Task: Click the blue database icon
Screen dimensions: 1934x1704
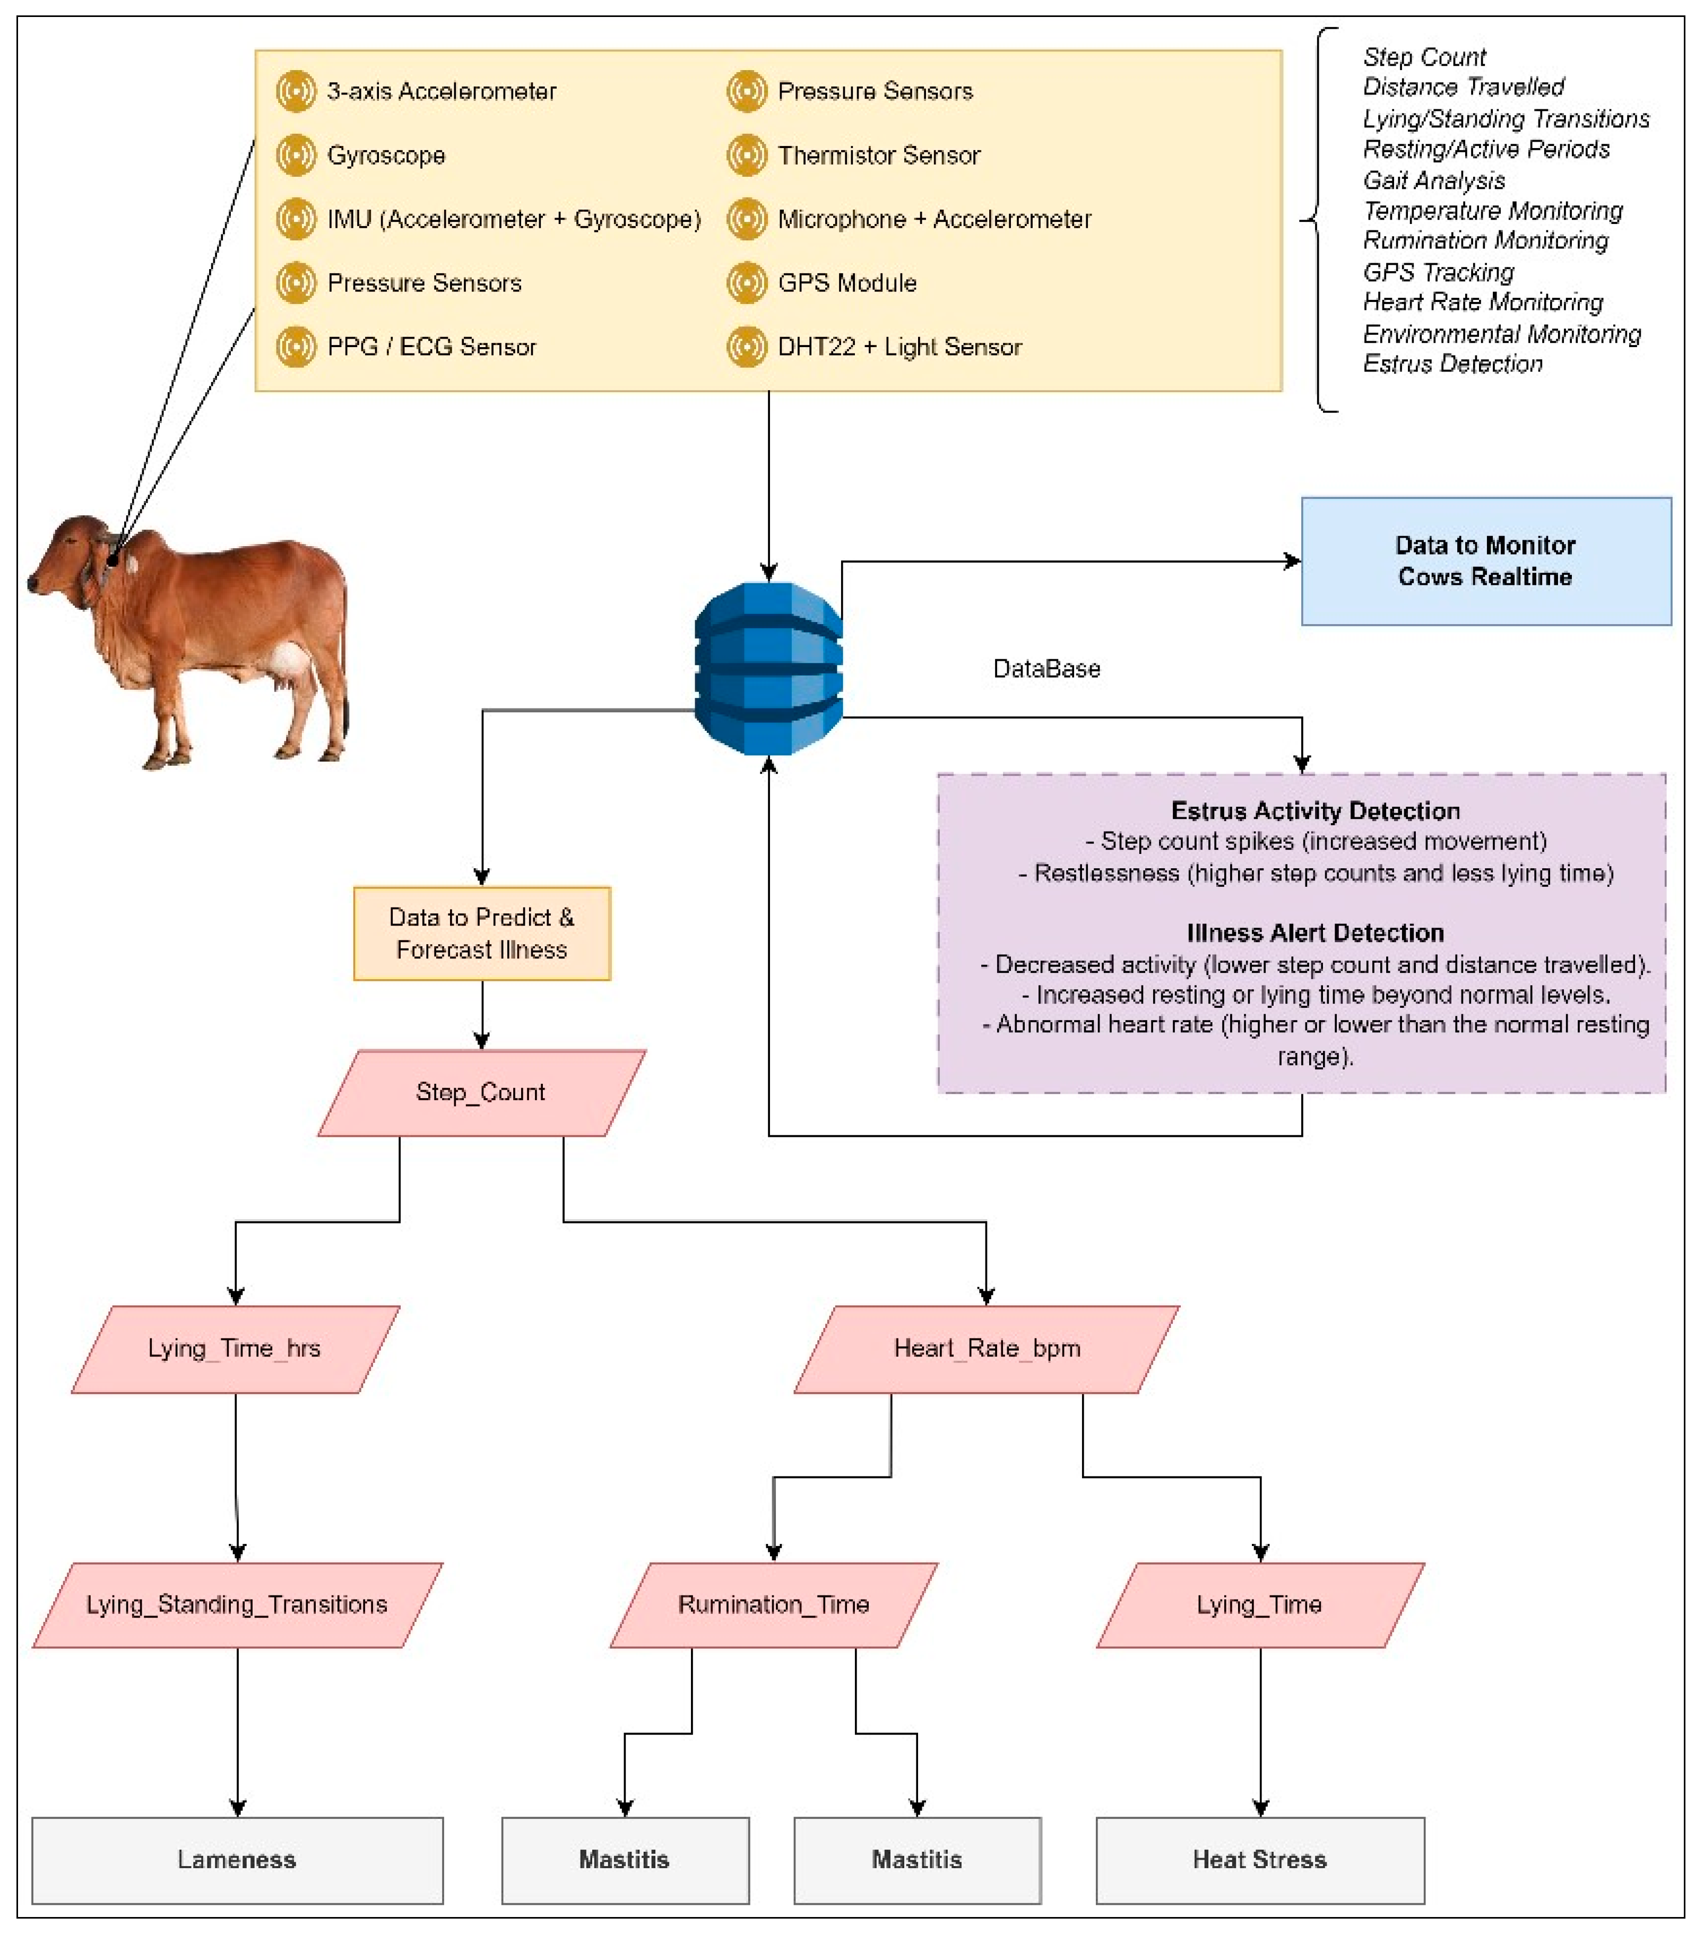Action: click(x=768, y=668)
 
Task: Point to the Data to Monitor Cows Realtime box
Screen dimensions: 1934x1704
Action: click(x=1485, y=561)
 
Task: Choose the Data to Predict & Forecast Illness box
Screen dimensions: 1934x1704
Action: click(x=481, y=933)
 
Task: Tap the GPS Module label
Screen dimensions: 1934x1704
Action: click(x=847, y=283)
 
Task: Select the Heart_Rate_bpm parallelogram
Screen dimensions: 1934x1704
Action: click(x=987, y=1348)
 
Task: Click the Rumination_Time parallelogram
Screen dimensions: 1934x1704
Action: click(x=773, y=1605)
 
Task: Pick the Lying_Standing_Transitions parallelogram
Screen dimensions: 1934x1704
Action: click(x=237, y=1605)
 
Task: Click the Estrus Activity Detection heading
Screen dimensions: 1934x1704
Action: click(x=1315, y=811)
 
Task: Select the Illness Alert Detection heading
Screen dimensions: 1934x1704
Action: click(x=1315, y=933)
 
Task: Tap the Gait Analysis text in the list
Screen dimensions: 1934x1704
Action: click(x=1433, y=180)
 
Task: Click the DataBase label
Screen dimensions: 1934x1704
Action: click(x=1046, y=669)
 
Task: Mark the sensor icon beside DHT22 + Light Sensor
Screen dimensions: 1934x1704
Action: click(x=747, y=346)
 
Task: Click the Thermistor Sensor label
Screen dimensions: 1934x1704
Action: click(x=878, y=155)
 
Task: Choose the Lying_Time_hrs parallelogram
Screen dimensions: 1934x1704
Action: click(x=235, y=1348)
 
